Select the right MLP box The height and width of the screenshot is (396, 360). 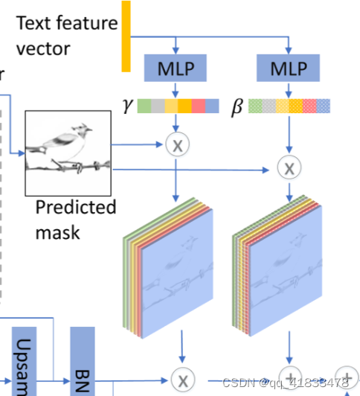(287, 69)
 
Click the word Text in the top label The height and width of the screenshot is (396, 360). (34, 23)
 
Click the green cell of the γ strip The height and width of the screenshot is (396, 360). (144, 106)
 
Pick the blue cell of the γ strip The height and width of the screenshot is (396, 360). (212, 106)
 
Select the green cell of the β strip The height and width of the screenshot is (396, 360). (254, 106)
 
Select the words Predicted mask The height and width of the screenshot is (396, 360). (76, 219)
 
